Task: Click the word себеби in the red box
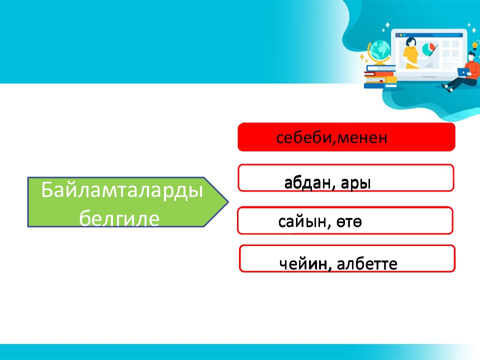303,138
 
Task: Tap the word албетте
367,264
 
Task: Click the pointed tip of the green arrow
228,201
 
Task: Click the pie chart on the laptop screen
428,49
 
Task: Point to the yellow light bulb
475,46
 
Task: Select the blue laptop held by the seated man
463,72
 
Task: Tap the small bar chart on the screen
429,64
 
